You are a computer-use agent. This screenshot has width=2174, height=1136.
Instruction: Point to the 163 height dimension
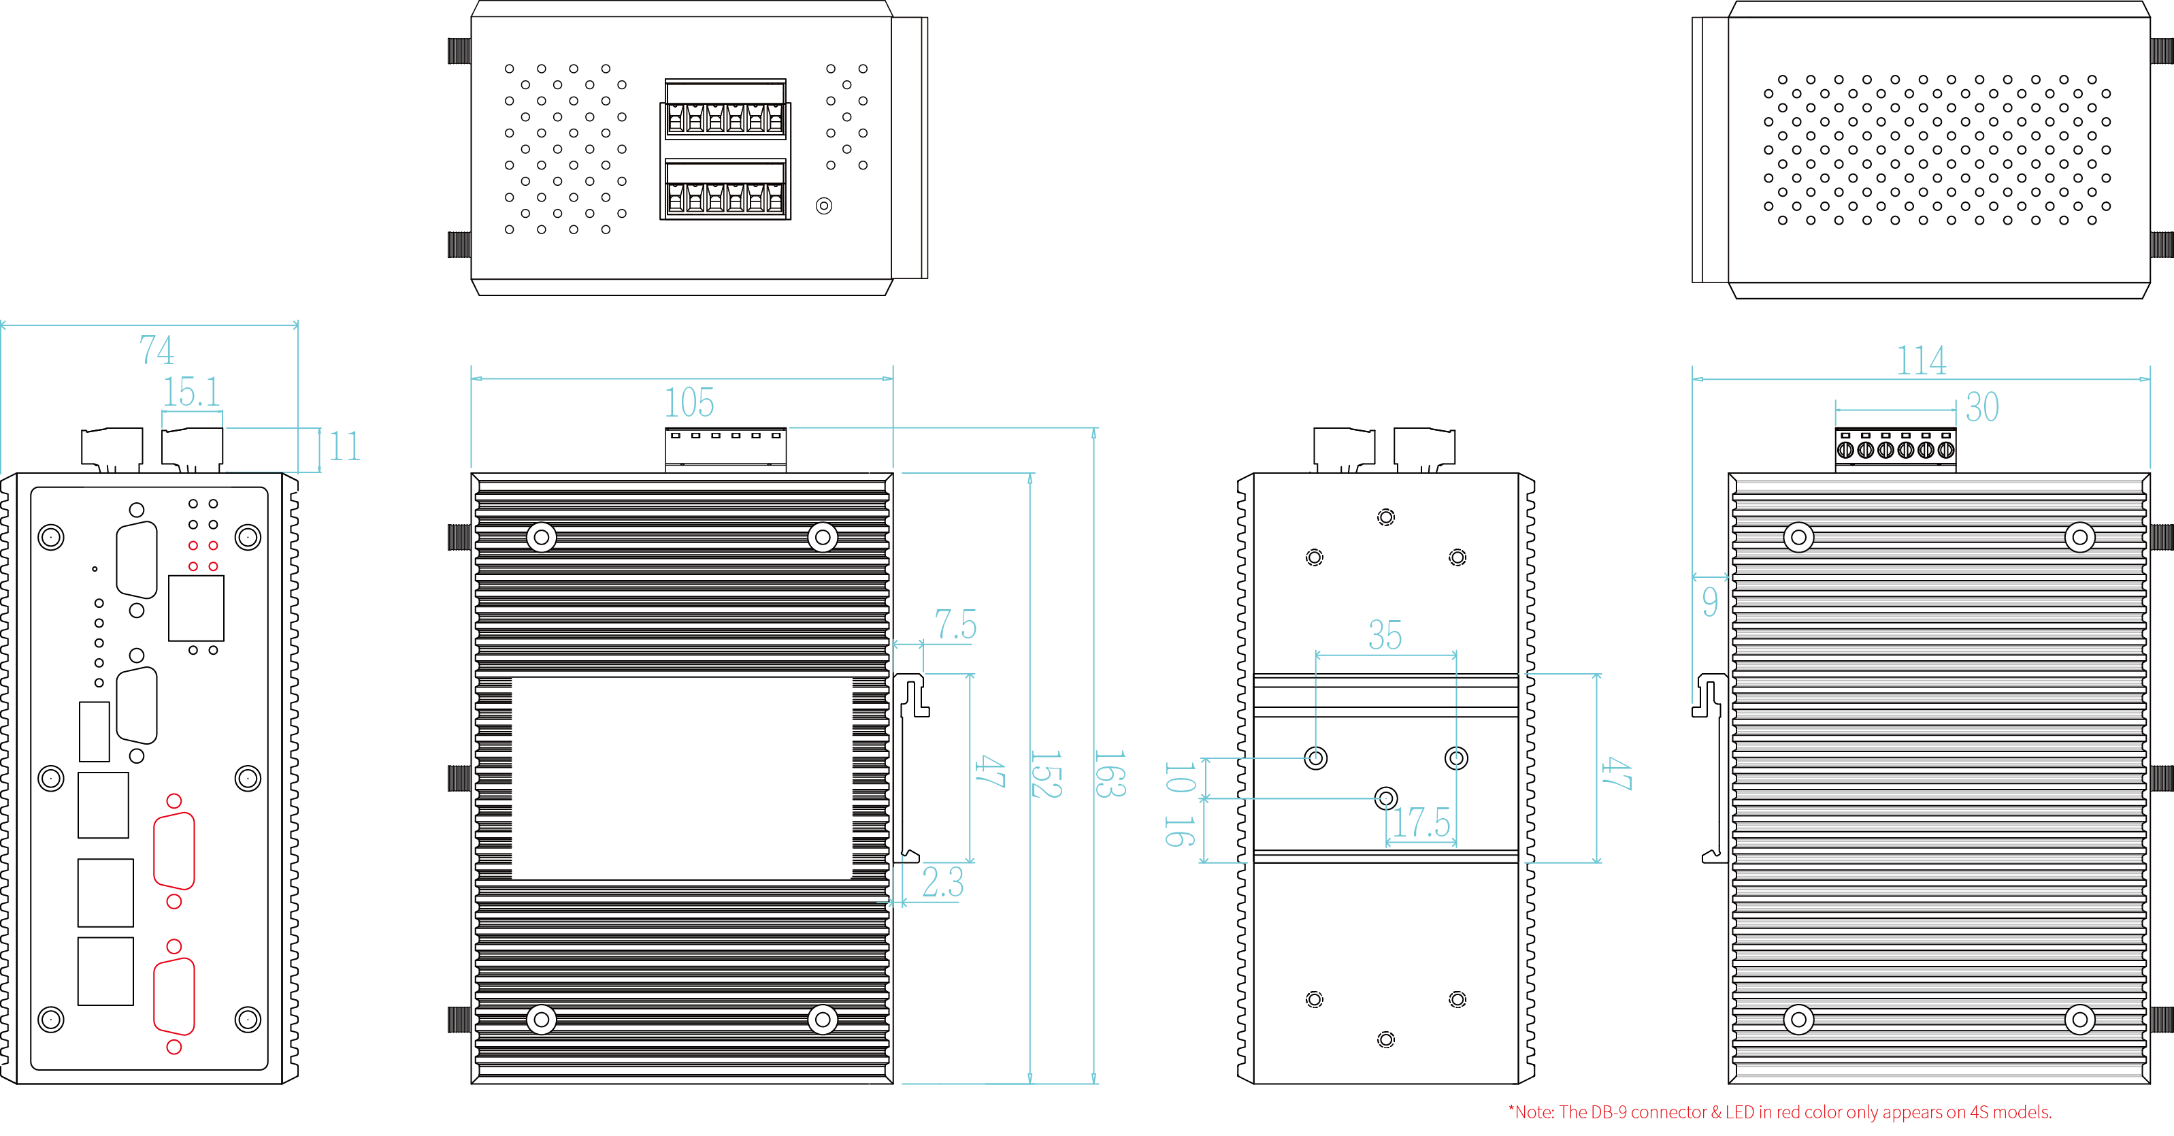(1109, 774)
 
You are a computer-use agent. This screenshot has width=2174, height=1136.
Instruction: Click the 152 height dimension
(1046, 774)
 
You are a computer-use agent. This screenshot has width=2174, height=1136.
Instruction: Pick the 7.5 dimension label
(955, 626)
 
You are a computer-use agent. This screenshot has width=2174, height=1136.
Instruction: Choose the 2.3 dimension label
(942, 883)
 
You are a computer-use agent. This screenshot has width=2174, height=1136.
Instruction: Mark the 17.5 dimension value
(1421, 823)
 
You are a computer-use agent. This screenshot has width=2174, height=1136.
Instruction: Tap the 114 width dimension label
(1922, 361)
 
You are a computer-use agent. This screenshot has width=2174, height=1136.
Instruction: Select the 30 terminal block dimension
(1982, 408)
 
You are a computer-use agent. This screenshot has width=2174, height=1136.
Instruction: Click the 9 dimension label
(1710, 602)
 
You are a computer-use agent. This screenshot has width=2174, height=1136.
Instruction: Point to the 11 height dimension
(344, 447)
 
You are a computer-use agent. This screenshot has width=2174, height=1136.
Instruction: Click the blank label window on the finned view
(682, 778)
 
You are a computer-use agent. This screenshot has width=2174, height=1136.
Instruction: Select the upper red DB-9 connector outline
(174, 851)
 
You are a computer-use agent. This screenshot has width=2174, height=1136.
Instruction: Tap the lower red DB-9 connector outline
(174, 996)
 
